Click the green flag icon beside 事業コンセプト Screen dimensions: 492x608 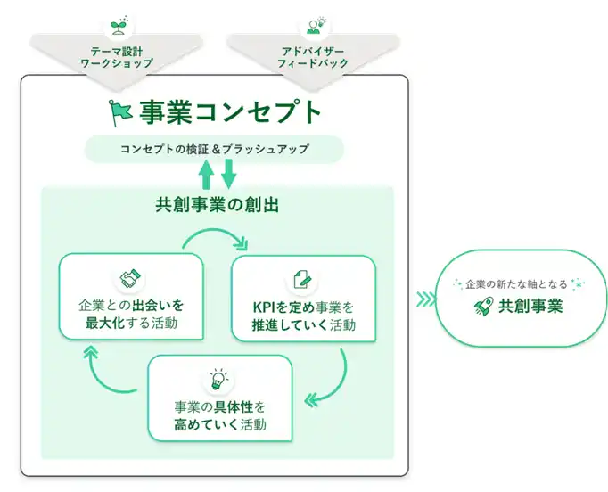pyautogui.click(x=120, y=111)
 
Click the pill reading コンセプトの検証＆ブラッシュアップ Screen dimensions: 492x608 pyautogui.click(x=214, y=149)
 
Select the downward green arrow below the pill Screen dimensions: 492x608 pyautogui.click(x=228, y=173)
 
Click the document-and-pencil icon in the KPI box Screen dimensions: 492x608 pyautogui.click(x=302, y=279)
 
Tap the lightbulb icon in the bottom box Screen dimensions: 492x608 pyautogui.click(x=218, y=380)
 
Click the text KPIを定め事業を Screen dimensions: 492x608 pyautogui.click(x=303, y=307)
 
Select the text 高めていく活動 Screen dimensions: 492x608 pyautogui.click(x=219, y=424)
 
